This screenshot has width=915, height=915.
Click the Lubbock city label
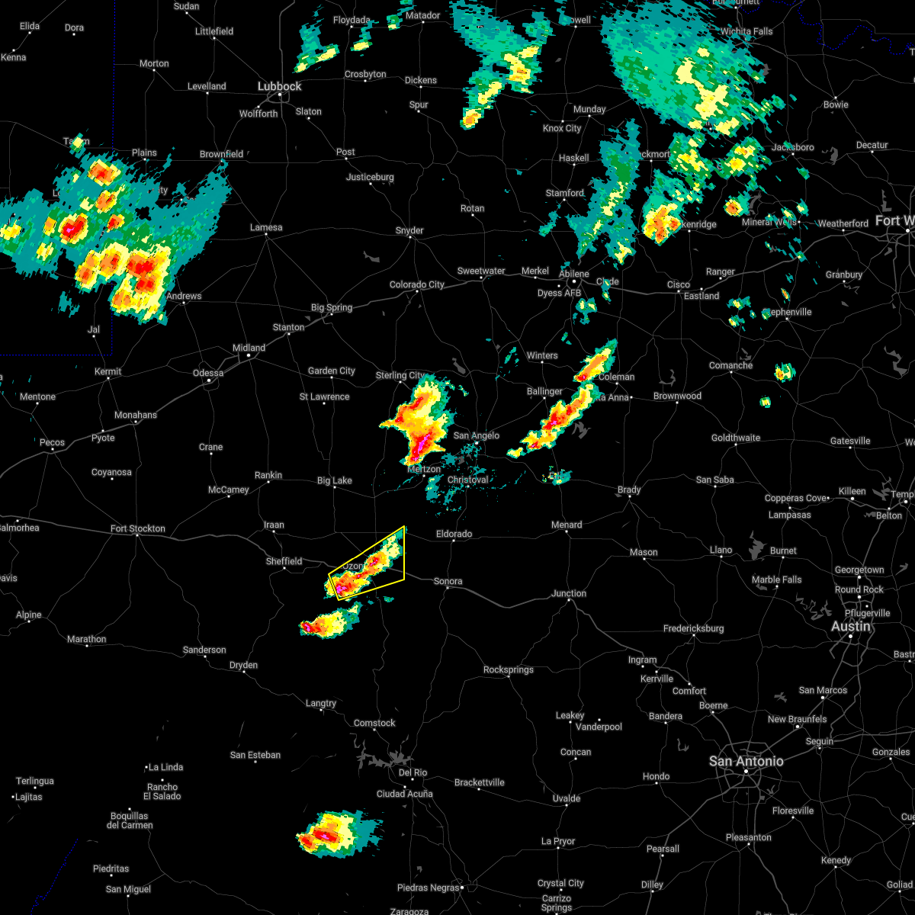point(279,86)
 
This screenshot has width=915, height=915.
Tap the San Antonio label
point(746,761)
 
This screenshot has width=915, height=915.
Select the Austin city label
point(850,626)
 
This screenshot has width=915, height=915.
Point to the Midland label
point(249,348)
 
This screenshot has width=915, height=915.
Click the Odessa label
point(208,373)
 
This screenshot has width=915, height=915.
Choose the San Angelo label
point(476,435)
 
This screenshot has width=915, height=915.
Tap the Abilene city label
point(573,274)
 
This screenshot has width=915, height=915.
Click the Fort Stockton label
point(137,528)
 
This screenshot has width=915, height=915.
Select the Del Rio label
point(413,772)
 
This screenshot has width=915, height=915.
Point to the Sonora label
point(448,581)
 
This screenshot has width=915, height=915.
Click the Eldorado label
point(454,534)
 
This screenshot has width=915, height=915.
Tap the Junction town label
point(569,593)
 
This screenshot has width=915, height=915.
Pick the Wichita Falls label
point(746,31)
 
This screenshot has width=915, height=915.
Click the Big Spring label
point(332,307)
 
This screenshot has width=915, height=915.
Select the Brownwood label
point(677,396)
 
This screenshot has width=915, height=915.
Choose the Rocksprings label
point(508,669)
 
